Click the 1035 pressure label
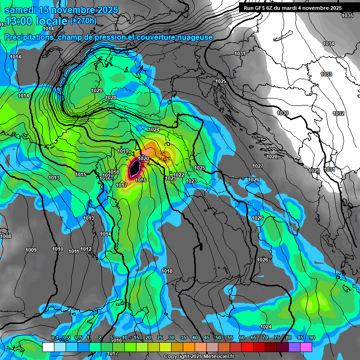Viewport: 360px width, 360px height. pos(347,16)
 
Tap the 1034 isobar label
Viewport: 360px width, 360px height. pos(329,44)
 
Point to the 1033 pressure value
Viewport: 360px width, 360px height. pos(326,75)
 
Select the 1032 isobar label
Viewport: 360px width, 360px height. pos(338,114)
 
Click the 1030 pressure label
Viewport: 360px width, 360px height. pos(283,113)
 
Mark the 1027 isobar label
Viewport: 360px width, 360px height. pos(257,166)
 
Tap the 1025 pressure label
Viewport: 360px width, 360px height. pos(200,168)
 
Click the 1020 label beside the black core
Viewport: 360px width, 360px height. pos(143,159)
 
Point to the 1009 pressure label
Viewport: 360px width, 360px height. pos(31,250)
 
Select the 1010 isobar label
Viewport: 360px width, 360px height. pos(58,249)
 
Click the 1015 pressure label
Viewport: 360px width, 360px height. pos(81,175)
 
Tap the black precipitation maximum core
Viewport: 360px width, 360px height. pos(135,167)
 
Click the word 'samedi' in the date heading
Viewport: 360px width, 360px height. pos(21,10)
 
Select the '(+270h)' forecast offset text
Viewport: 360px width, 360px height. pos(83,21)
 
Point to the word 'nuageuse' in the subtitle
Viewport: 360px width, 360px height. pos(195,37)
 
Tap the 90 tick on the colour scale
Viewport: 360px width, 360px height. pos(312,338)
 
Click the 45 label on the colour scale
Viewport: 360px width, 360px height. pos(207,338)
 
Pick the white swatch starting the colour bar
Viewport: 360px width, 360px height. pos(48,347)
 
